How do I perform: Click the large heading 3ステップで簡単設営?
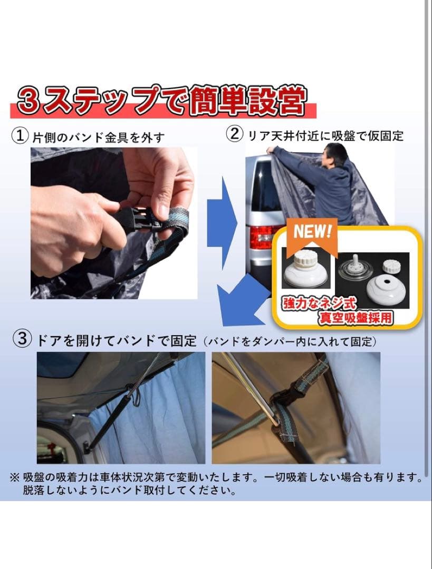tap(161, 100)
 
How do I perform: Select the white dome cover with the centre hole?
tap(386, 288)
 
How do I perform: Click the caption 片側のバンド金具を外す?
tap(99, 138)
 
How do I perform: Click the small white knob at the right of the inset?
tap(391, 266)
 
